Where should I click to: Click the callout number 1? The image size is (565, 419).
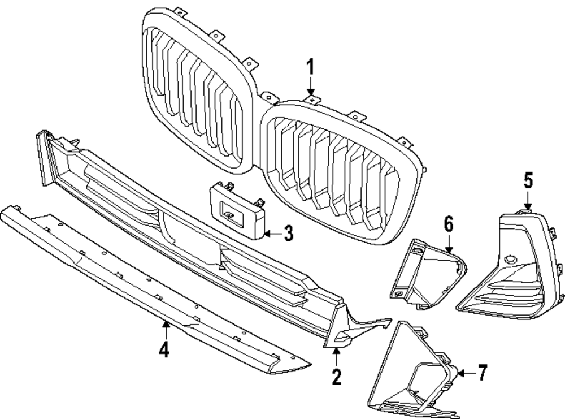(310, 68)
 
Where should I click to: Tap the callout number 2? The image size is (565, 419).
(337, 376)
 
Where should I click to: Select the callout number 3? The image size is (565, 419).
(288, 233)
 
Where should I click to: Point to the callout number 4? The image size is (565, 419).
(164, 350)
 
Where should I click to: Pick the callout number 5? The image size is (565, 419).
(528, 181)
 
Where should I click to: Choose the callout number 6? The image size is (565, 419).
(449, 224)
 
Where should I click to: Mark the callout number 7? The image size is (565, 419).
(481, 373)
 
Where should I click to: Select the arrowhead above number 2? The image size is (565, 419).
(337, 351)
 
